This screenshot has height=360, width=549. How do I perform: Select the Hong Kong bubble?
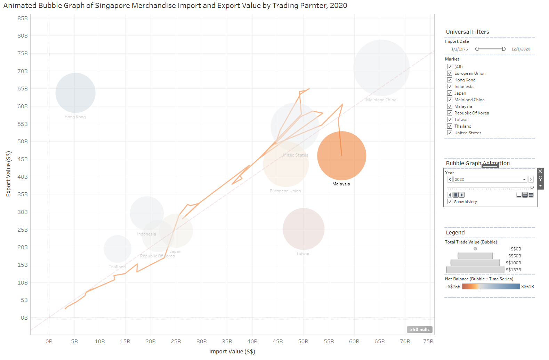point(75,93)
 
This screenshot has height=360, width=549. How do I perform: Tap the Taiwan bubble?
point(304,229)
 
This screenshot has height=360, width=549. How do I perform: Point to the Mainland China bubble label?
point(381,100)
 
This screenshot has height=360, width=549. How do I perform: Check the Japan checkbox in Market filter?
point(450,93)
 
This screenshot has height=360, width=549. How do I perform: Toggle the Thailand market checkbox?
point(450,126)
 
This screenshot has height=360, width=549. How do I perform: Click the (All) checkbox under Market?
point(450,67)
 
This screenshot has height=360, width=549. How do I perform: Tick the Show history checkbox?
point(450,202)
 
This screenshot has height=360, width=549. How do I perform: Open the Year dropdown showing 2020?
point(524,179)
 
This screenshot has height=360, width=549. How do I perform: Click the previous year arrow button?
point(450,179)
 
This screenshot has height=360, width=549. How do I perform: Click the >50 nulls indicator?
point(420,329)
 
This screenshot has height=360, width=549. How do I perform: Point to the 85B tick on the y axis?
point(23,18)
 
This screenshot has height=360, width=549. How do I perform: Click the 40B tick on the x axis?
point(252,342)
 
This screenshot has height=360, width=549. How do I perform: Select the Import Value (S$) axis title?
point(232,351)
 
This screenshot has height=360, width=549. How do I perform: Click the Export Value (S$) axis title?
point(9,174)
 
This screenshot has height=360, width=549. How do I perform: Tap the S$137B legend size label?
point(513,270)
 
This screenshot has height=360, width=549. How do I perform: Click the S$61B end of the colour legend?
point(527,287)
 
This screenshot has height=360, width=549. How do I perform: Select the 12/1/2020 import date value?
point(520,49)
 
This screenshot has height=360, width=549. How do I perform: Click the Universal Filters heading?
point(467,32)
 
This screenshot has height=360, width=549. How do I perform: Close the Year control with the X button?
point(540,171)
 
